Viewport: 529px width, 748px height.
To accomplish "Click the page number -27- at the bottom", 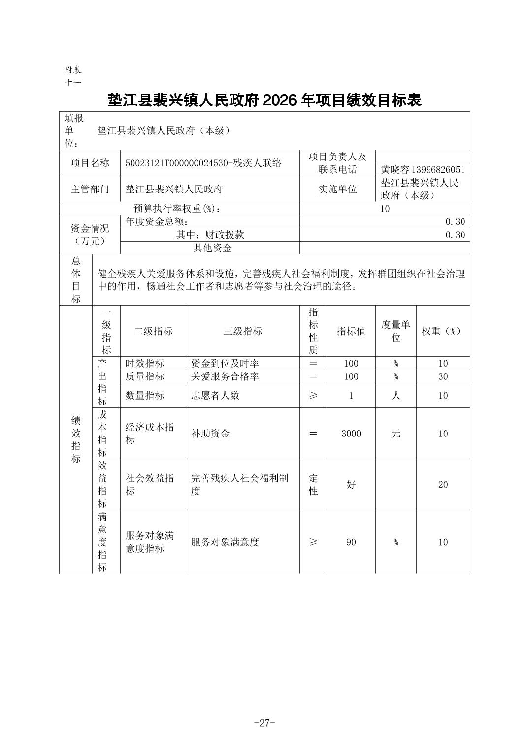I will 264,723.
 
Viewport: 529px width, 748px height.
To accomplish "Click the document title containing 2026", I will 264,100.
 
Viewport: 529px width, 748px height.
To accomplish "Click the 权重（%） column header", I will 442,331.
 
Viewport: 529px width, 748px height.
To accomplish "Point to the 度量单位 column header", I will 396,331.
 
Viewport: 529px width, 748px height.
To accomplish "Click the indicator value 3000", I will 351,434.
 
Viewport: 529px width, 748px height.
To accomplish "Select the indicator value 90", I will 351,542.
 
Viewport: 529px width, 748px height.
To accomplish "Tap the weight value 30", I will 443,376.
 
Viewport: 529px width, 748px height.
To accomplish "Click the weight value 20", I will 443,485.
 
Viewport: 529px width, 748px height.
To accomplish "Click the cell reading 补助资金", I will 210,434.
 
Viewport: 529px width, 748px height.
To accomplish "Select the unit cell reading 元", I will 396,434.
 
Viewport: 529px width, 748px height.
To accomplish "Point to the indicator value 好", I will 351,485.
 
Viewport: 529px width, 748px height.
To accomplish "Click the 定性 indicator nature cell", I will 313,485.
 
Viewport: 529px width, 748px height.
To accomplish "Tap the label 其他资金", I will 212,248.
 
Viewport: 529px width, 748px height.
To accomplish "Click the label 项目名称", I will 90,163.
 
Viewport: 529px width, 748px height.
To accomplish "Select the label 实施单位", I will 337,189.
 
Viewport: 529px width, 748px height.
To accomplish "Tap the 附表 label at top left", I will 73,70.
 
